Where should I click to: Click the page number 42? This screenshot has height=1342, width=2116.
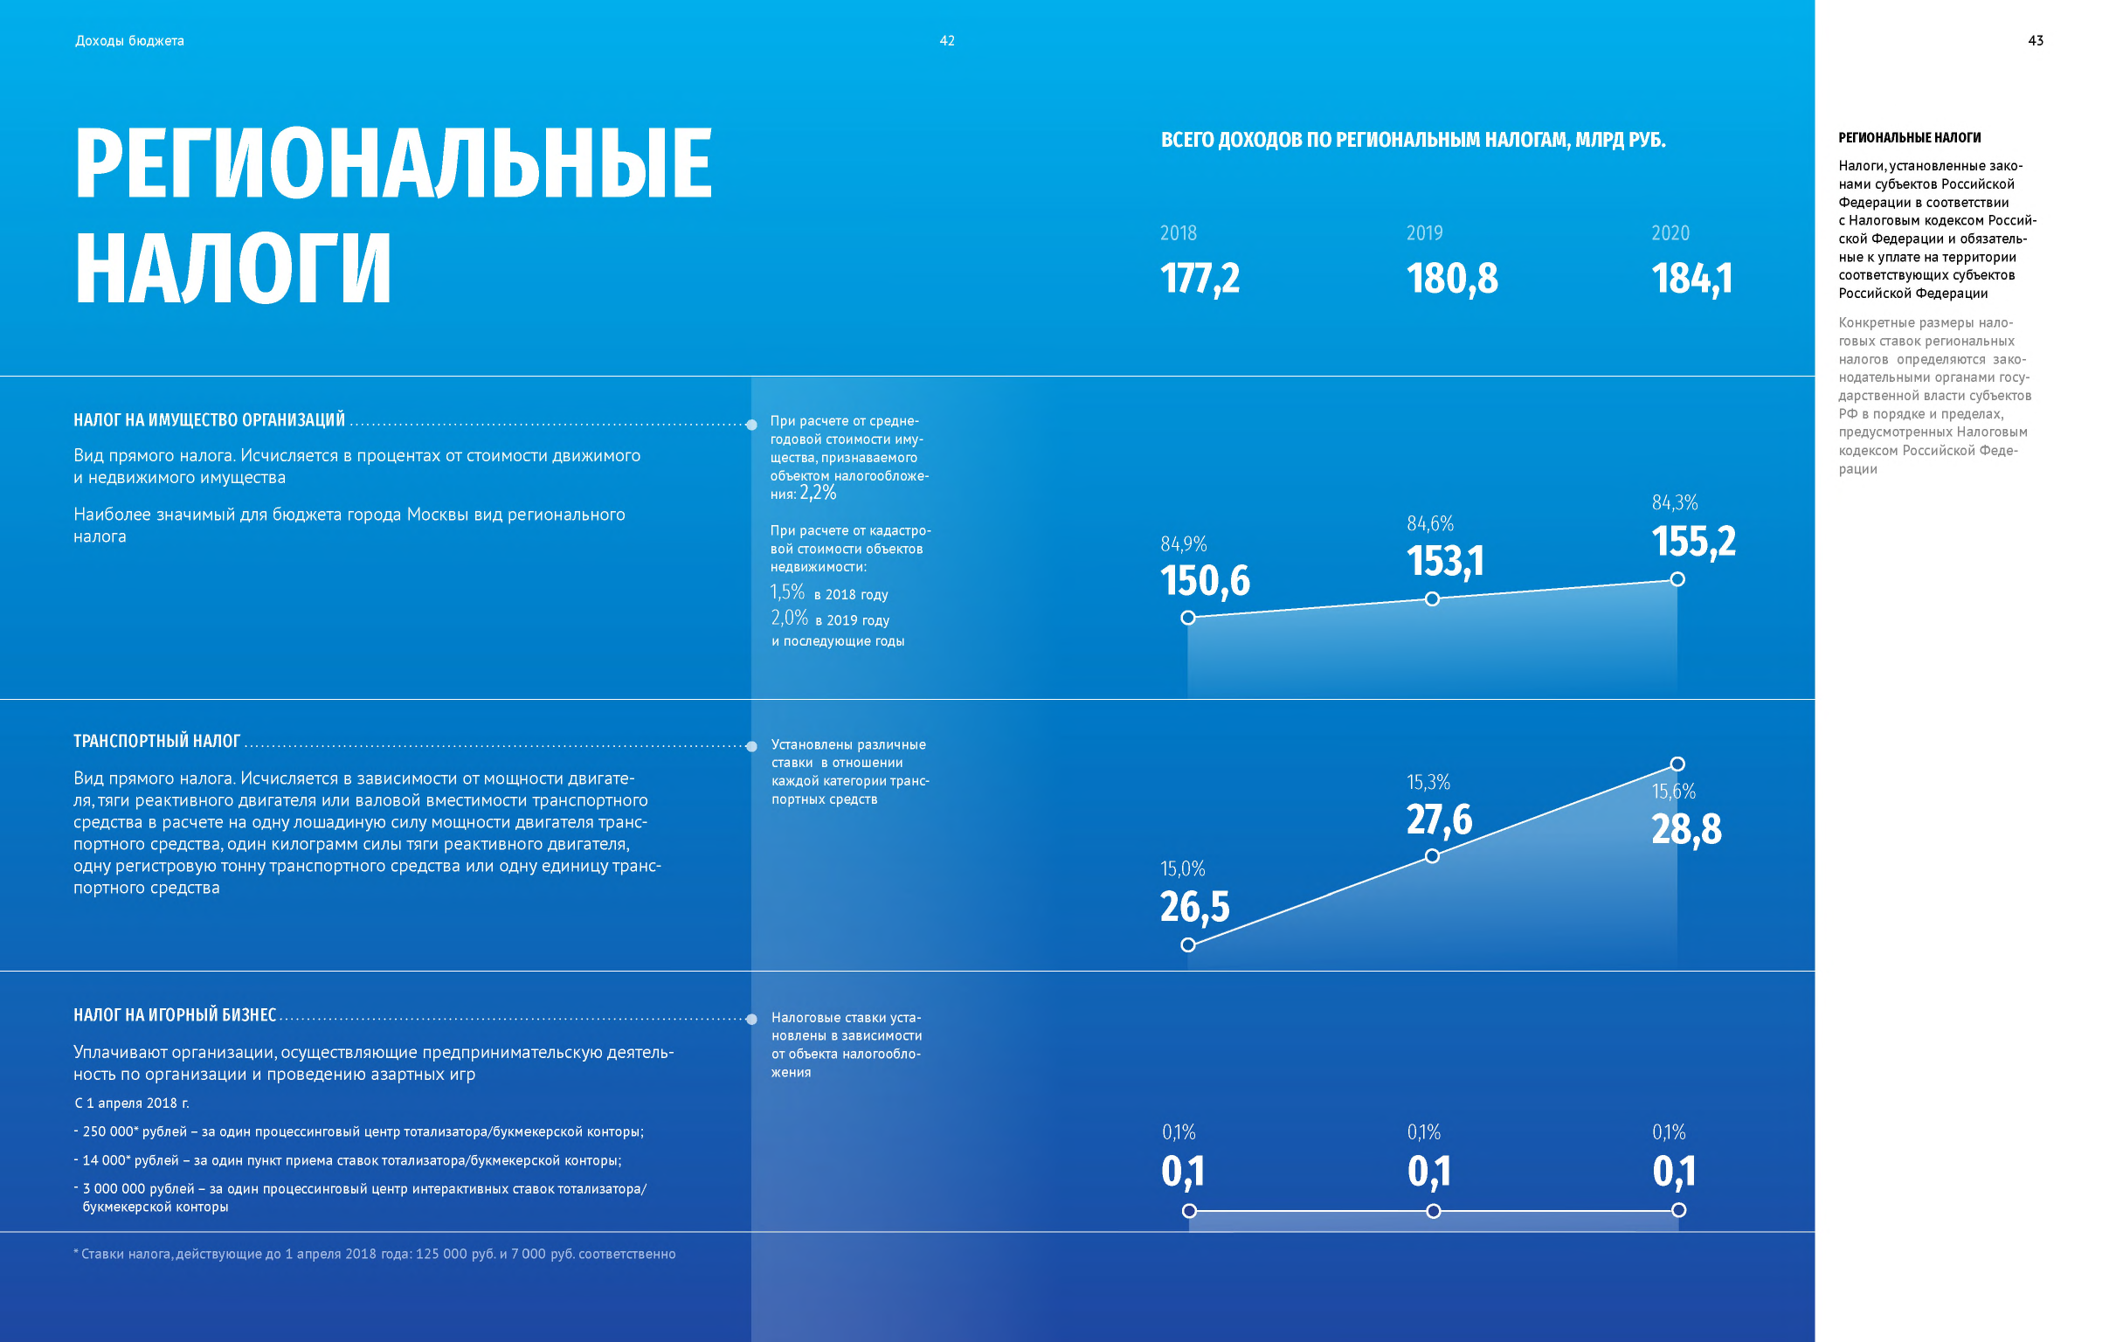(946, 40)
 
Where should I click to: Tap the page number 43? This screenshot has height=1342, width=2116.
(2035, 40)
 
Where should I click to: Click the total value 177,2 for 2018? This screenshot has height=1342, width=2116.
(1200, 279)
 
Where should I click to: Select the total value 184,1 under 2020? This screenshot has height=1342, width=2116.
(1691, 279)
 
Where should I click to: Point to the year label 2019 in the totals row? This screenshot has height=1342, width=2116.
(1423, 233)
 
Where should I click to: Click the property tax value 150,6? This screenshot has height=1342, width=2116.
(1204, 581)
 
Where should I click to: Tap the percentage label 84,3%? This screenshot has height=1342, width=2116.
(1674, 502)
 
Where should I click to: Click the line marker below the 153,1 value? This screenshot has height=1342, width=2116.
(1432, 598)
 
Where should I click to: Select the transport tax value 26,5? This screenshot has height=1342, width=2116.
(1194, 907)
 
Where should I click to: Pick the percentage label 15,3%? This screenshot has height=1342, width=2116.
(1428, 782)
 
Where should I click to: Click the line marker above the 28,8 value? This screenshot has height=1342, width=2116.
(1677, 764)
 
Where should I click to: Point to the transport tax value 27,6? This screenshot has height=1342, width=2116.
(1439, 820)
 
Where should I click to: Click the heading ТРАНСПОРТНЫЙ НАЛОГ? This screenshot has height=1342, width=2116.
(156, 741)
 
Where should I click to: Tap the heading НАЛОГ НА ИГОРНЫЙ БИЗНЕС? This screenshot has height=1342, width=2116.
(174, 1015)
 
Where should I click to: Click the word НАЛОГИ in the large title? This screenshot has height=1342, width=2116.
(233, 267)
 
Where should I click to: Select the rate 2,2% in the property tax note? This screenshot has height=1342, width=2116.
(818, 493)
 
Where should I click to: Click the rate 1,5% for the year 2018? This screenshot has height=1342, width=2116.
(787, 592)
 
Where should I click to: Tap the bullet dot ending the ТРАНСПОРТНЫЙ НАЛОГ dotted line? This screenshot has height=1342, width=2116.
(751, 746)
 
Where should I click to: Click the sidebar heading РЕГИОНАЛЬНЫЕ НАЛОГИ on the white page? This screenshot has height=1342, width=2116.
(1910, 138)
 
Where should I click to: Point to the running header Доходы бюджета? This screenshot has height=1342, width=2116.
(129, 40)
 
